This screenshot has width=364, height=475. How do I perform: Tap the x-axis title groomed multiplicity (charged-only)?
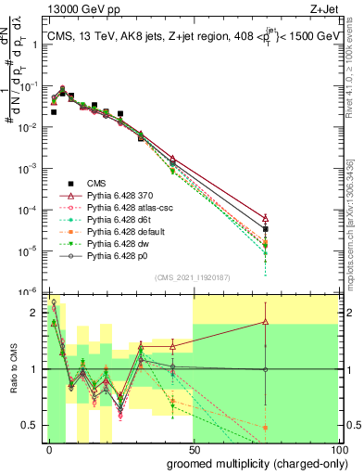tap(252, 462)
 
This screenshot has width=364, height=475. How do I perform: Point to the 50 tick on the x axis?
tap(194, 450)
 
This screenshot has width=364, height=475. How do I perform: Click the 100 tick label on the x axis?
tap(339, 450)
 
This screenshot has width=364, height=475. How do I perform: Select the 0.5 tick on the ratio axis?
tap(33, 426)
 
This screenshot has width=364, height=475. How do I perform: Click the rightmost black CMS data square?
tap(266, 228)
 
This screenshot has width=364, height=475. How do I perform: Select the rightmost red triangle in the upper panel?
tap(266, 219)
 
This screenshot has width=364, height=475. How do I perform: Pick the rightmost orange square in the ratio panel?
tap(266, 428)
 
